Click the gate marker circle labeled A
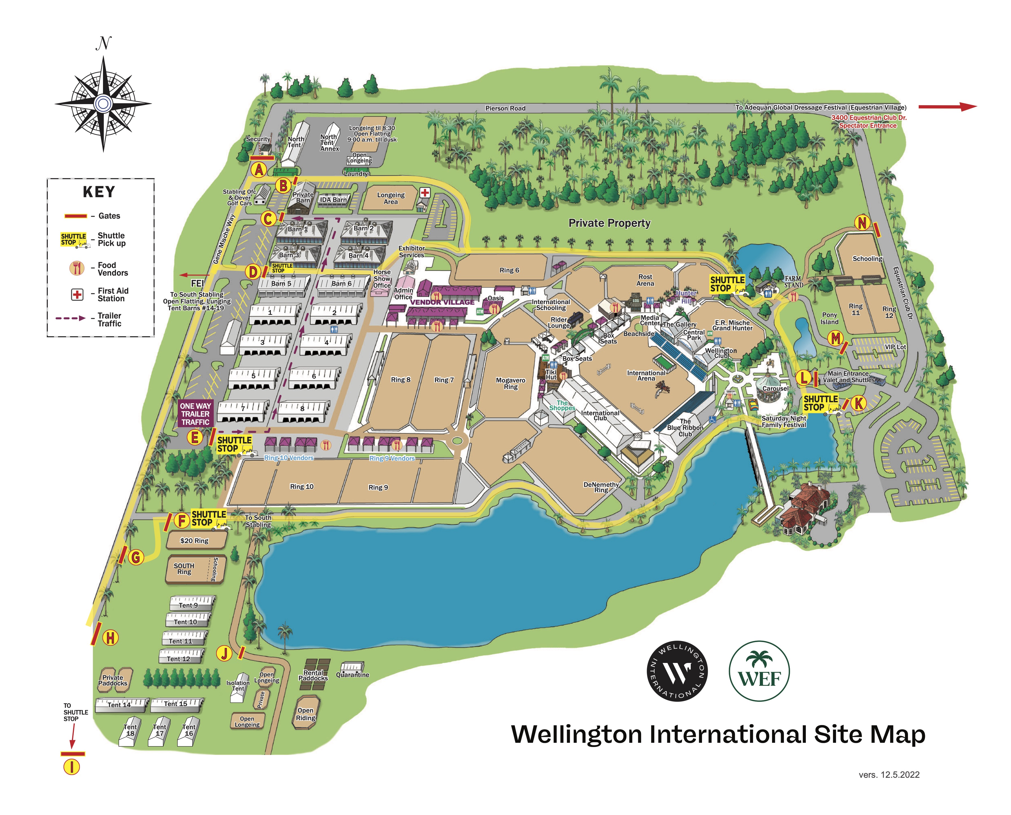tap(258, 170)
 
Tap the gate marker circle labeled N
tap(862, 223)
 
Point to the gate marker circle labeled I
tap(72, 767)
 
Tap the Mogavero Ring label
tap(510, 384)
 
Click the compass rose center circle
tap(103, 103)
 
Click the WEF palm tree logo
tap(759, 671)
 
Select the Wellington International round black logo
tap(677, 671)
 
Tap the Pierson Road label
tap(505, 108)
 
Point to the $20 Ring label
tap(194, 541)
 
